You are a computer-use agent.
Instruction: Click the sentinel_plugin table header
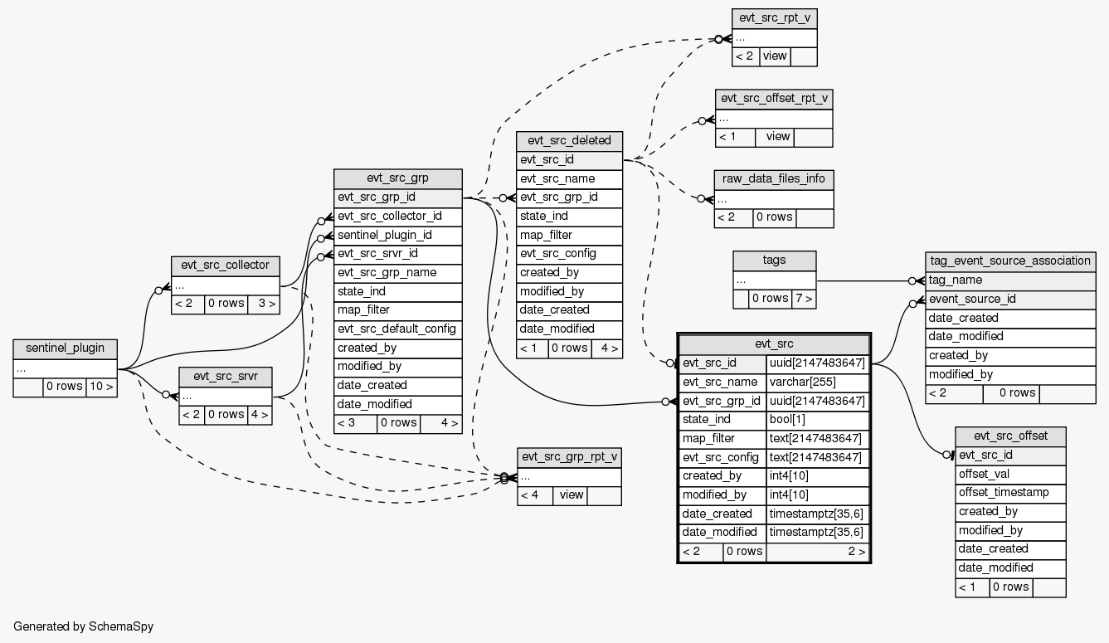point(65,348)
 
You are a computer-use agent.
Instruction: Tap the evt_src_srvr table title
point(226,376)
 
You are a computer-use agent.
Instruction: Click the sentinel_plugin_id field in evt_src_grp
point(384,235)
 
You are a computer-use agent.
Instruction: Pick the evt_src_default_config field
point(396,329)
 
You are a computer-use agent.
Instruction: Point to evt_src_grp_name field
point(387,272)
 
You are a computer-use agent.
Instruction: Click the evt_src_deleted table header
point(568,140)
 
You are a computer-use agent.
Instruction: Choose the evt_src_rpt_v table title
point(774,18)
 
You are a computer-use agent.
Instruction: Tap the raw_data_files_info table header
point(773,179)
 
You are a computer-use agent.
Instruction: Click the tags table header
point(774,261)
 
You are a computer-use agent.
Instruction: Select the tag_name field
point(956,280)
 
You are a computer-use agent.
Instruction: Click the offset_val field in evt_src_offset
point(984,474)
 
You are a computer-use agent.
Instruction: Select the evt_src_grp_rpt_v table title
point(568,457)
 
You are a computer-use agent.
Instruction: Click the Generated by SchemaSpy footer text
point(83,626)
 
